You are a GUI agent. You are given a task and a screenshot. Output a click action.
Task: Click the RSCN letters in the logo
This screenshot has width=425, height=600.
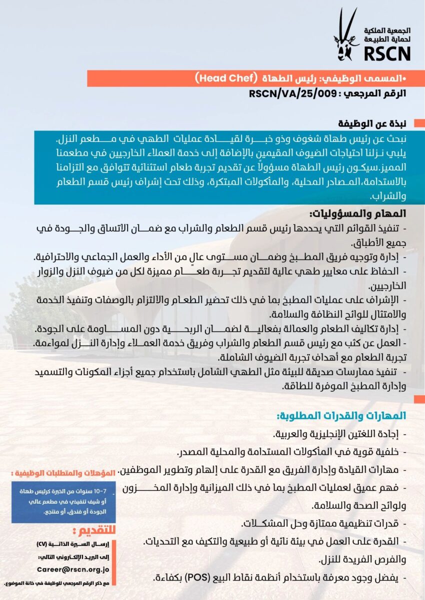pyautogui.click(x=387, y=52)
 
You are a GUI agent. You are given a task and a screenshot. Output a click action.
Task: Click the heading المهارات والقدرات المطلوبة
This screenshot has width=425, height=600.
pyautogui.click(x=342, y=416)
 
